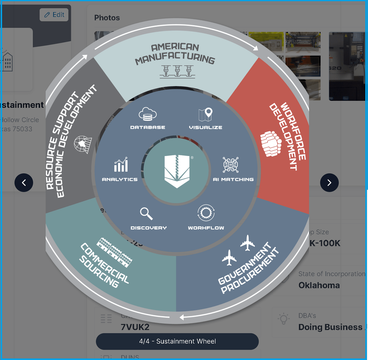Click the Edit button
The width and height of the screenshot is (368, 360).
[54, 15]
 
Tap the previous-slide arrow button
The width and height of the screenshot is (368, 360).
[24, 183]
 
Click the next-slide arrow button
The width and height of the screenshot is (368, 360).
[329, 183]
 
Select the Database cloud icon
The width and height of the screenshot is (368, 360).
[148, 114]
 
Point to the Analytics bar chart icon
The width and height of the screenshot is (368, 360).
[121, 165]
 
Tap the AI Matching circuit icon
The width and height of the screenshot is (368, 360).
[231, 165]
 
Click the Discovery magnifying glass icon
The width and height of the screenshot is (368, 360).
[146, 214]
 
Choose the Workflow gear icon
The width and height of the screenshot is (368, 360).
[206, 213]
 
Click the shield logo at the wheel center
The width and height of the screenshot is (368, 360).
[177, 171]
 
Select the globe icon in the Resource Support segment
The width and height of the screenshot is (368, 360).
[82, 144]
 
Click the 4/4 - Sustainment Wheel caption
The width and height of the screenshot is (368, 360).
[177, 341]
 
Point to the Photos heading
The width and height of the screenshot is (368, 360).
[107, 18]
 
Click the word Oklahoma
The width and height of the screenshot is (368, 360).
[319, 285]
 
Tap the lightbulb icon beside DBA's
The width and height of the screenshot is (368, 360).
[284, 319]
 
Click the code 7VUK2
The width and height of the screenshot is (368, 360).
[135, 327]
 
